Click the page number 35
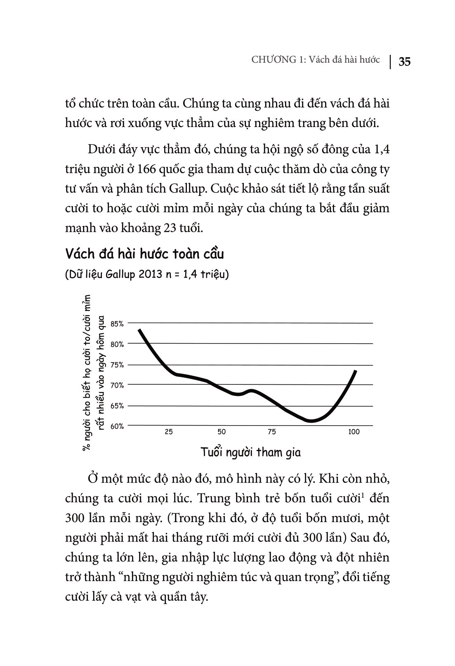[404, 62]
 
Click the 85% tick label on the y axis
[117, 324]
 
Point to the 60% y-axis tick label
[117, 426]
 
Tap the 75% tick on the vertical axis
[117, 365]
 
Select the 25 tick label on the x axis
[169, 432]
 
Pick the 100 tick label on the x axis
[354, 432]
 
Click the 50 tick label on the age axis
[222, 432]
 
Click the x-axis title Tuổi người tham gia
[251, 452]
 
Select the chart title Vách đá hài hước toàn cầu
[144, 254]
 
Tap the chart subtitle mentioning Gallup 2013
[147, 275]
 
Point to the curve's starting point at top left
[139, 330]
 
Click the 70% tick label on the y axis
[117, 386]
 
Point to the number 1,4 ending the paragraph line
[381, 149]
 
